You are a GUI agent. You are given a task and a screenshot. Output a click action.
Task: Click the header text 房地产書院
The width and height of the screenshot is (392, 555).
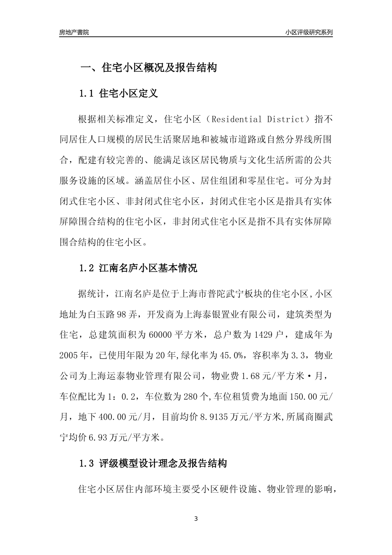click(x=74, y=32)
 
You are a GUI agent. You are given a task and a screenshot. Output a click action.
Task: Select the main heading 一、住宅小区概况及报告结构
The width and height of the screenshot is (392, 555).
click(x=148, y=68)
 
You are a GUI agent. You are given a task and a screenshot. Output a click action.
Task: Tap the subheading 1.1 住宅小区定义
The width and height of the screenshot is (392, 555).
click(x=118, y=94)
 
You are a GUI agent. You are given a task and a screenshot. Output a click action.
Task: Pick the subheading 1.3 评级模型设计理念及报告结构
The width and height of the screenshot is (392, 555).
click(x=153, y=464)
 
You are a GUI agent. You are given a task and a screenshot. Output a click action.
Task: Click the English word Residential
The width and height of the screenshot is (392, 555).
click(x=238, y=120)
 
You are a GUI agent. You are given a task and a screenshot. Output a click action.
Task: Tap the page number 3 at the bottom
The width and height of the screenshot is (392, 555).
click(x=196, y=519)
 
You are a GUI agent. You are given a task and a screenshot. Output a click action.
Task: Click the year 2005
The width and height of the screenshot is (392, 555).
click(x=68, y=354)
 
